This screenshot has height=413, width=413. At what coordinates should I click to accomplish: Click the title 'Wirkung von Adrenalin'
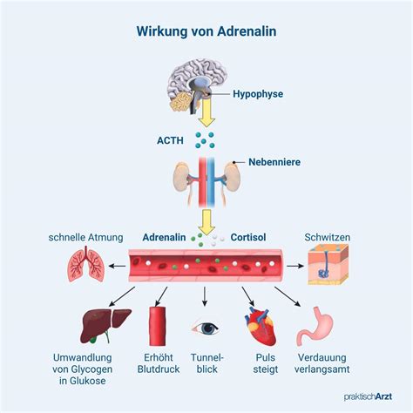pos(206,31)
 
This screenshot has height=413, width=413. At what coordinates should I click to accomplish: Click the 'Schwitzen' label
pos(328,237)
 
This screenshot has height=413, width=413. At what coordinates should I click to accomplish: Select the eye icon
pos(206,329)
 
